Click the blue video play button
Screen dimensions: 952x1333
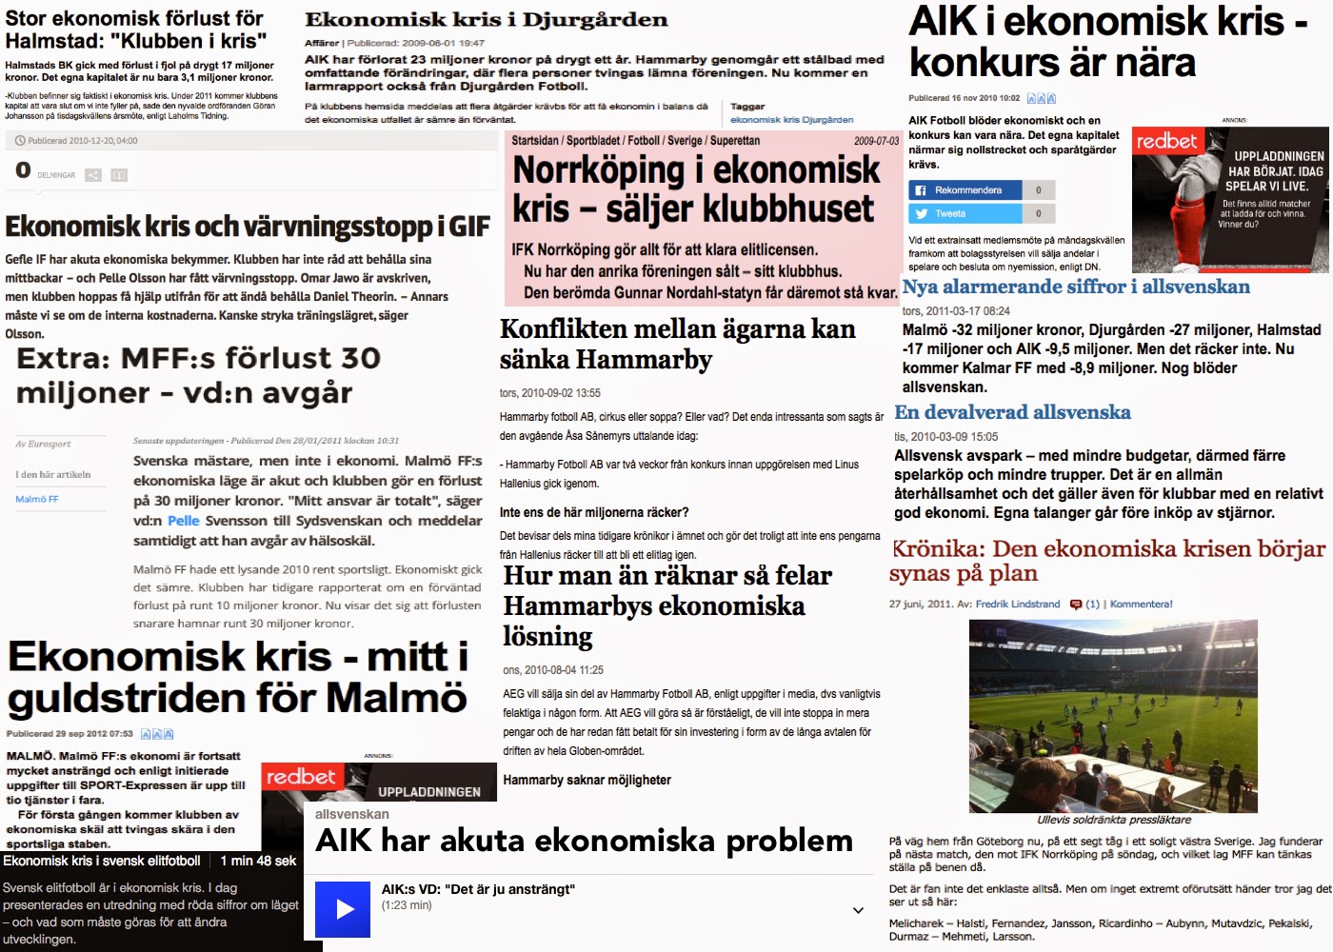[x=343, y=909]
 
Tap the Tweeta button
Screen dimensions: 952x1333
[x=965, y=214]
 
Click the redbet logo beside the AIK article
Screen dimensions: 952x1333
[x=1166, y=142]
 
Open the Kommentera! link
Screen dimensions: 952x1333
[x=1141, y=605]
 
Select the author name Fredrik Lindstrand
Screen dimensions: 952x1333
[x=1017, y=605]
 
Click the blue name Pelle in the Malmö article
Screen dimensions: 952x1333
[x=184, y=521]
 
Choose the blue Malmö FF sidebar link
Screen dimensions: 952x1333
[x=37, y=499]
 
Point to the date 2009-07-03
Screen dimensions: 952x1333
[x=876, y=141]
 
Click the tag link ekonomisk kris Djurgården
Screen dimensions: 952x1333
[x=791, y=120]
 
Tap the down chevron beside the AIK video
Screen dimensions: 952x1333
[x=858, y=910]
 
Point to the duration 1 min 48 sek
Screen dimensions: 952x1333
[x=258, y=861]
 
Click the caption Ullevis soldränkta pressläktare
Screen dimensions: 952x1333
[x=1114, y=820]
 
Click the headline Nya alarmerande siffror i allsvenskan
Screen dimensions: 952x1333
[x=1076, y=287]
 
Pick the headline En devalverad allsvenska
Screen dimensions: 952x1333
[x=1012, y=412]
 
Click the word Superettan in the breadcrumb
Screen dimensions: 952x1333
[x=735, y=141]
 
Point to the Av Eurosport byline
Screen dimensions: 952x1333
[x=43, y=444]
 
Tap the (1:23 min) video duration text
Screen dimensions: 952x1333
[x=407, y=905]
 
